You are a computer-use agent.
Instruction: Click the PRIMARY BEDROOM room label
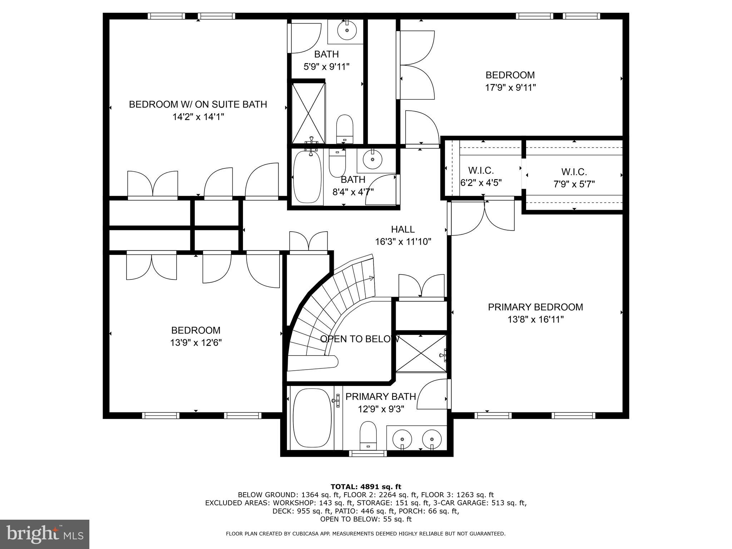[x=535, y=307]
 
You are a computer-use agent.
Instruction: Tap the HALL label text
[x=402, y=229]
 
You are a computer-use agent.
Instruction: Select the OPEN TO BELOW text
[x=359, y=339]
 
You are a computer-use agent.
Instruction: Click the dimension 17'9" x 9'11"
[x=510, y=88]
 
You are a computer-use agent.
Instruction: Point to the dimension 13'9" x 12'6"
[x=196, y=343]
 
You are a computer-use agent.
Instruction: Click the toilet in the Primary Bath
[x=368, y=435]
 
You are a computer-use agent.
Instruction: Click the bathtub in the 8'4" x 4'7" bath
[x=307, y=178]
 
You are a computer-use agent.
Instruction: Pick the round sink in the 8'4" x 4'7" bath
[x=372, y=159]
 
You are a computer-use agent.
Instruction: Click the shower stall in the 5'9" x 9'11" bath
[x=308, y=113]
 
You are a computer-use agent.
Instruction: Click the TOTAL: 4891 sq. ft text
[x=366, y=486]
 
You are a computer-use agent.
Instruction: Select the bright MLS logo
[x=45, y=534]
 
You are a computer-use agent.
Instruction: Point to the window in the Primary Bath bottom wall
[x=368, y=453]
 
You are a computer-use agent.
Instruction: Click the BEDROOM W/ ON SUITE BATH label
[x=198, y=104]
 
